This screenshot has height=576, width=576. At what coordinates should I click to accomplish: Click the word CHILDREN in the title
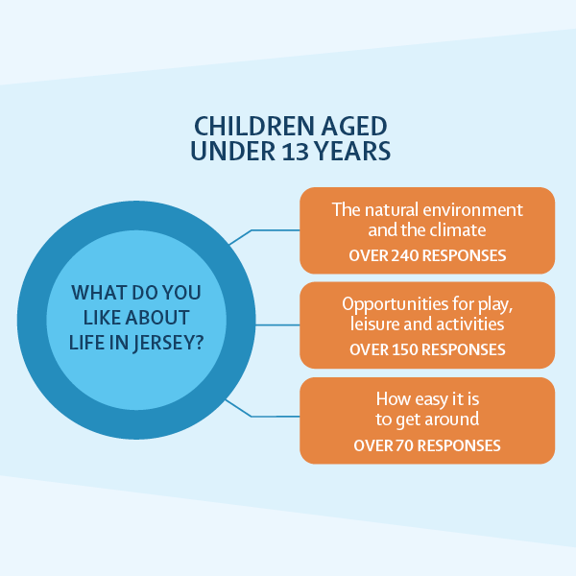[253, 126]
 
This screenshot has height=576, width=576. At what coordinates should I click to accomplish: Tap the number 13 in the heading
[296, 152]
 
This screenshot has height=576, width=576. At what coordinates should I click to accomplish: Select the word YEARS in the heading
[352, 151]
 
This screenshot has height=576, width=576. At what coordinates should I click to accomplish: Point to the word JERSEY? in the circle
[168, 344]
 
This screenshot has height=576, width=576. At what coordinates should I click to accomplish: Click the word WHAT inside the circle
[99, 293]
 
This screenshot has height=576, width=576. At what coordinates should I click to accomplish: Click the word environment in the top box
[472, 210]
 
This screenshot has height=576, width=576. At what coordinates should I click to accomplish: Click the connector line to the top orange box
[264, 230]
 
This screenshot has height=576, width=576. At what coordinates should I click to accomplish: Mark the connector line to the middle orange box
[277, 325]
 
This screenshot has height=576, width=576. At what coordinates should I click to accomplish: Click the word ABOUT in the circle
[157, 318]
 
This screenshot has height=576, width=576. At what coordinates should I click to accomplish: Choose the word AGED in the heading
[353, 126]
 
